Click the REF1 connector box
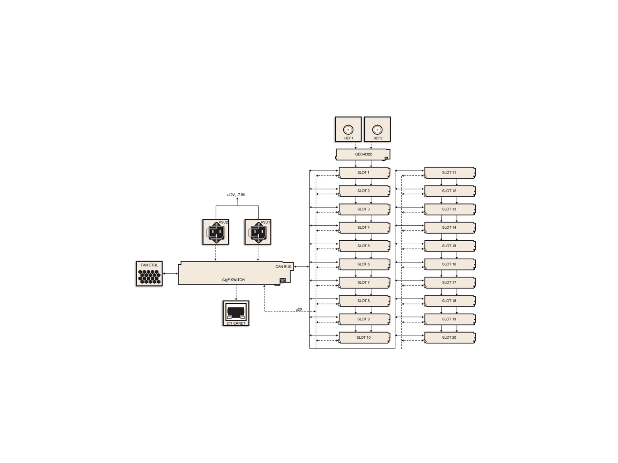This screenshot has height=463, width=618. (x=348, y=129)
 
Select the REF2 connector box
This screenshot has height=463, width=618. (x=377, y=129)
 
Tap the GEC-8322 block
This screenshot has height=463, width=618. (x=363, y=154)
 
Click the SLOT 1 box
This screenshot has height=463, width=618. (x=364, y=172)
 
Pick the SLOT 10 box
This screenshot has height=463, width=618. (x=364, y=337)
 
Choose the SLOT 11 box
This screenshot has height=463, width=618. (x=450, y=172)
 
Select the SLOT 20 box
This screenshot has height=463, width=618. (x=450, y=337)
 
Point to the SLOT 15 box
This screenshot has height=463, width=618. (x=450, y=246)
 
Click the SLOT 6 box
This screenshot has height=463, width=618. (x=364, y=264)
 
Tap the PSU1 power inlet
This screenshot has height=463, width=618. (x=258, y=232)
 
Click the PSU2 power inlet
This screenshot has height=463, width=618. (x=216, y=232)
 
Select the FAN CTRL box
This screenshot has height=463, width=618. (x=149, y=274)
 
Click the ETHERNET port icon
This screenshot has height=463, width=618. (x=236, y=313)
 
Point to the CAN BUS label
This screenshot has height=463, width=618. (x=283, y=267)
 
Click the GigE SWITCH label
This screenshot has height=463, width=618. (x=233, y=280)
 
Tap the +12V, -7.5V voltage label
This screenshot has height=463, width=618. (x=236, y=195)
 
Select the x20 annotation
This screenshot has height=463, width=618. (x=299, y=309)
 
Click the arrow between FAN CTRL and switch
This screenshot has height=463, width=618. (x=170, y=274)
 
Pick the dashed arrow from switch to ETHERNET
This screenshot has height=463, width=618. (x=236, y=292)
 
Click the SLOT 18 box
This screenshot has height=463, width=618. (x=450, y=301)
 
